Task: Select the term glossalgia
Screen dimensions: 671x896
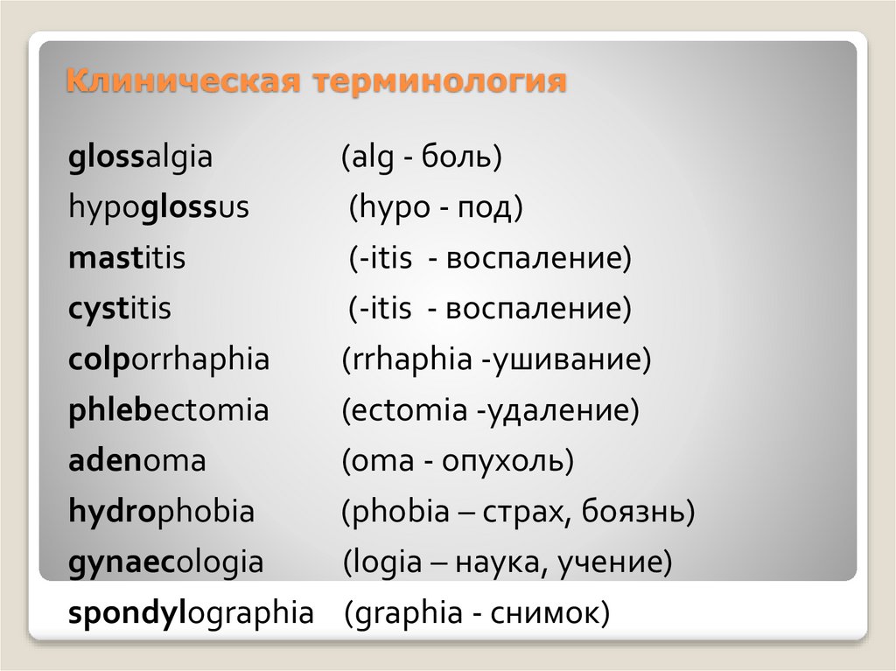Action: pyautogui.click(x=140, y=158)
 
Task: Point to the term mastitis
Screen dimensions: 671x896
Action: pyautogui.click(x=126, y=259)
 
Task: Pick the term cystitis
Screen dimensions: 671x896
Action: pyautogui.click(x=119, y=309)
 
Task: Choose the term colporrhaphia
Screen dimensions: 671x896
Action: pyautogui.click(x=169, y=360)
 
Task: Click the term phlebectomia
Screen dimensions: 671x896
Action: pyautogui.click(x=168, y=409)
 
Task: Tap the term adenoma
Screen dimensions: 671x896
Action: pyautogui.click(x=136, y=460)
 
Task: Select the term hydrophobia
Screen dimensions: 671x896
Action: pyautogui.click(x=161, y=511)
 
